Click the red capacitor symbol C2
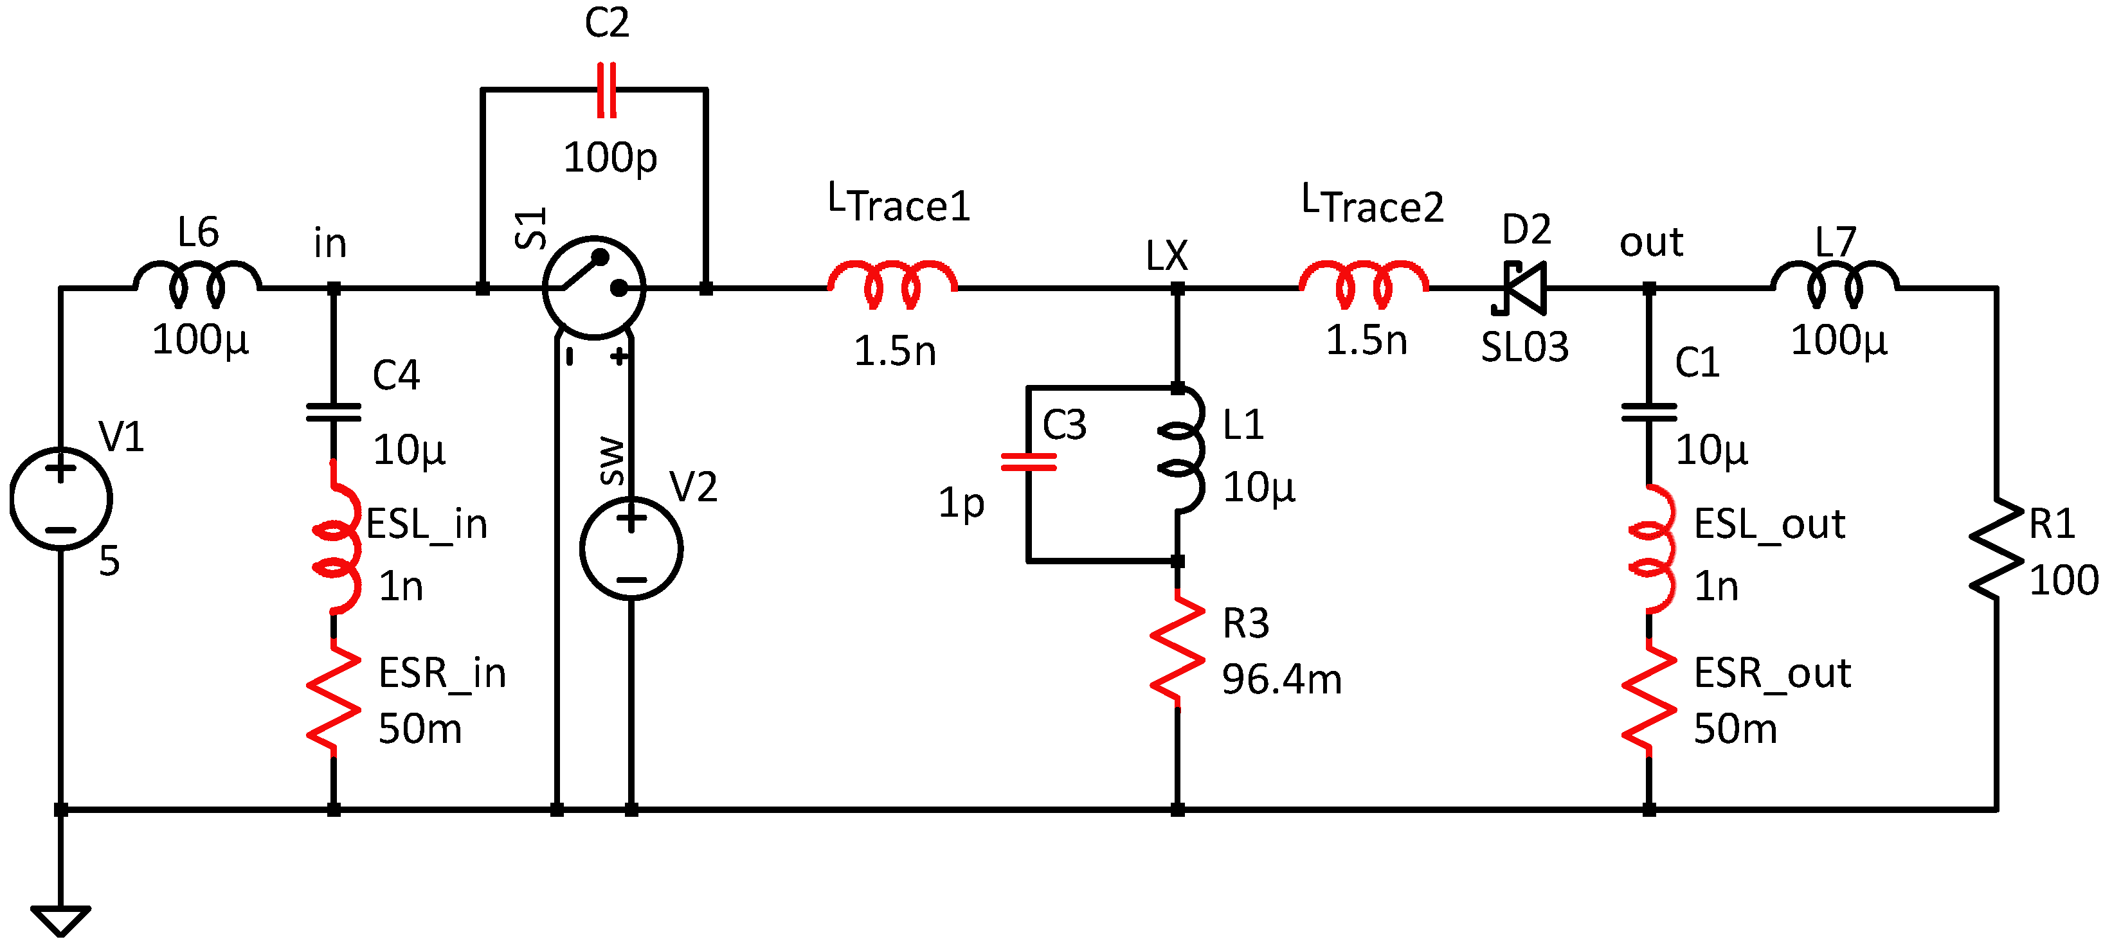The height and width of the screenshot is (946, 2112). pyautogui.click(x=607, y=89)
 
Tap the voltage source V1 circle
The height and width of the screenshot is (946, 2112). pyautogui.click(x=60, y=499)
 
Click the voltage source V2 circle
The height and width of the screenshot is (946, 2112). pyautogui.click(x=631, y=548)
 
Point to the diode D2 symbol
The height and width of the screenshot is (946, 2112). pyautogui.click(x=1522, y=288)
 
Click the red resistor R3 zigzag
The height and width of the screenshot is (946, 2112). pyautogui.click(x=1177, y=648)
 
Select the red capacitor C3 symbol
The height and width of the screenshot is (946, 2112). pyautogui.click(x=1028, y=462)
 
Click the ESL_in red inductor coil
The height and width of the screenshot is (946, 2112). pyautogui.click(x=337, y=537)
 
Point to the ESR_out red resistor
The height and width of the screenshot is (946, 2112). pyautogui.click(x=1648, y=697)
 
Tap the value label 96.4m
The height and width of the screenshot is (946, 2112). pyautogui.click(x=1281, y=679)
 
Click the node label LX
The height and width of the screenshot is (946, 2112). pyautogui.click(x=1166, y=256)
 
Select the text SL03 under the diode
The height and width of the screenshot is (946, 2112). pyautogui.click(x=1524, y=347)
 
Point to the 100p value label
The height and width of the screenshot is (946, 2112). pyautogui.click(x=610, y=157)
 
